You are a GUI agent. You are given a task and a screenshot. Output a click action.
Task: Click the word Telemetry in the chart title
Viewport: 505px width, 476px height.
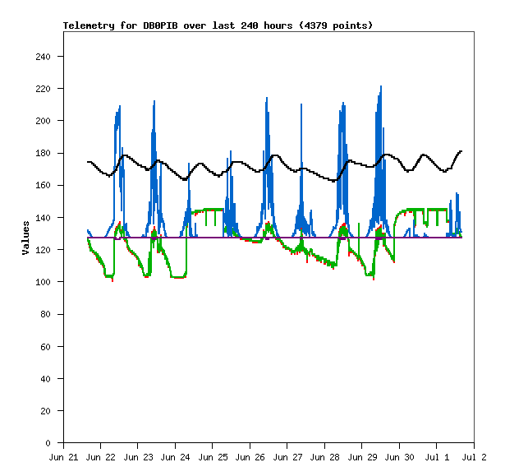89,25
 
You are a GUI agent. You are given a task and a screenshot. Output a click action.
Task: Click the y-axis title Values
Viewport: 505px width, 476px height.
25,238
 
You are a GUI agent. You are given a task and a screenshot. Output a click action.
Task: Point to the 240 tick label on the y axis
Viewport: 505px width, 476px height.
44,57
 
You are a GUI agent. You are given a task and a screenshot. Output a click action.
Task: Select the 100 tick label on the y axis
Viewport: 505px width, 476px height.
44,282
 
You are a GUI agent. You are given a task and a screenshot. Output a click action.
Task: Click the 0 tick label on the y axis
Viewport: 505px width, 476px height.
48,443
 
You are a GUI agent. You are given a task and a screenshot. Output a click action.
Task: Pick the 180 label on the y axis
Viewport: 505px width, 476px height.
44,153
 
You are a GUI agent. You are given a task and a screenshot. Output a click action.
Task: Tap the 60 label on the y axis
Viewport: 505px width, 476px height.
46,347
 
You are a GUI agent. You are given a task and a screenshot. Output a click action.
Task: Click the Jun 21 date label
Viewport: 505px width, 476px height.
63,457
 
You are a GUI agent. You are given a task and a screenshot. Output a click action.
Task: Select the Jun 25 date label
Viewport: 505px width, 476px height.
213,457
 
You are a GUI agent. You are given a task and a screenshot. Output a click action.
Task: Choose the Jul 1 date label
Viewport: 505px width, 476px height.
437,457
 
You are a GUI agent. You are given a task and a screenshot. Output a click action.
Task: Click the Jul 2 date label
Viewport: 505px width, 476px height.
474,457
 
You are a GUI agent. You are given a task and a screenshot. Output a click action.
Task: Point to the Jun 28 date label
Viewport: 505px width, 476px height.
324,457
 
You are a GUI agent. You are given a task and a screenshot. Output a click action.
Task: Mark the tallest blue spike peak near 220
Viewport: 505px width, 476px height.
381,86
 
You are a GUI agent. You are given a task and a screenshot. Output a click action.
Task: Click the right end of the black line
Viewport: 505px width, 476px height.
461,151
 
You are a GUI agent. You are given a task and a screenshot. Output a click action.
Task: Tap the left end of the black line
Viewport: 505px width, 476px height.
88,162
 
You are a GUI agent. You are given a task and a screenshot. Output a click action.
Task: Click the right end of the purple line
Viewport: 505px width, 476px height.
461,238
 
